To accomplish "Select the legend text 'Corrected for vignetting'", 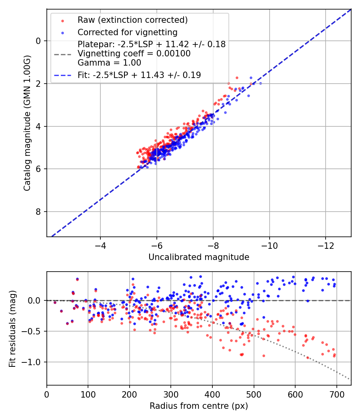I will click(127, 32).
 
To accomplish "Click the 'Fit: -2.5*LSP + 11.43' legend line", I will click(139, 75).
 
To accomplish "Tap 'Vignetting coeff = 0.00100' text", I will click(134, 53).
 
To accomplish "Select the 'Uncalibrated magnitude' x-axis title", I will click(199, 257).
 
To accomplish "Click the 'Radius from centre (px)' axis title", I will click(199, 406).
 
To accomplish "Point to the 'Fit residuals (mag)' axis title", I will click(12, 328).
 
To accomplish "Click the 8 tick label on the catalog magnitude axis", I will click(38, 212).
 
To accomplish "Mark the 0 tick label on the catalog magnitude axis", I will click(38, 41).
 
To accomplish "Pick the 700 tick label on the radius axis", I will click(336, 394).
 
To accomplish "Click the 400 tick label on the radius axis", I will click(212, 394).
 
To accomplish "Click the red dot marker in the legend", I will click(62, 20).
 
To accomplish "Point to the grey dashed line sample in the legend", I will click(62, 54).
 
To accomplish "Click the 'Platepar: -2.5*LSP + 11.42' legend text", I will click(152, 44).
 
